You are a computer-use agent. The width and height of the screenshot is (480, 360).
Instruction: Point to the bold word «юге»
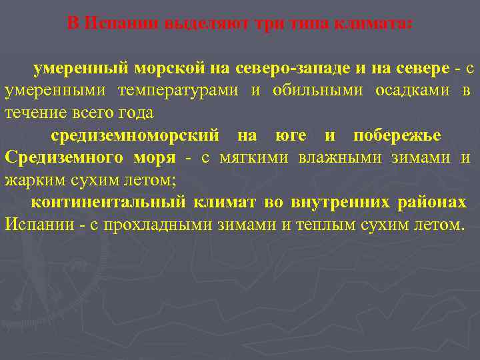(x=291, y=136)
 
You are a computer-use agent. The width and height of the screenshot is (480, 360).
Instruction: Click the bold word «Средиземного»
(x=64, y=158)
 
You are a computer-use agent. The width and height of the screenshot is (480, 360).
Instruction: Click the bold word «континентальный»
(x=108, y=202)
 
